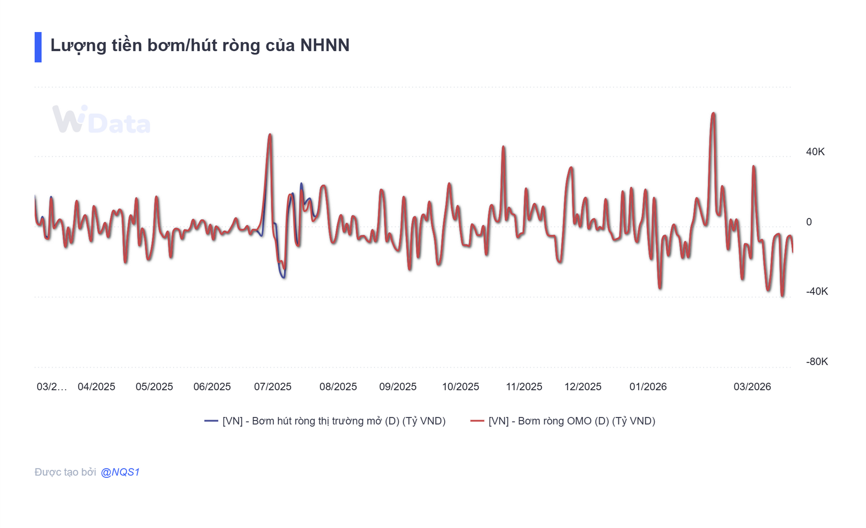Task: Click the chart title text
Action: coord(200,46)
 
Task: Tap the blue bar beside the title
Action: coord(38,47)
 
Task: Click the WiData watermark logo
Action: coord(101,120)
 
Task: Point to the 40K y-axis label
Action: coord(815,152)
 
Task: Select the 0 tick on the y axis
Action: coord(809,222)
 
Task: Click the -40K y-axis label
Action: coord(816,291)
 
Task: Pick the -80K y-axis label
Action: coord(816,361)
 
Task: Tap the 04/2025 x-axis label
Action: coord(96,387)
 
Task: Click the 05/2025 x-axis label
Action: coord(154,387)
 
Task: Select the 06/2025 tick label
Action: coord(212,387)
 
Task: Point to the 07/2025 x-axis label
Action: coord(272,387)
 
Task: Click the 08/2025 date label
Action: coord(338,387)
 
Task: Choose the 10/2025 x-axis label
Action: coord(460,387)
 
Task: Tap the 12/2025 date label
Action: coord(583,387)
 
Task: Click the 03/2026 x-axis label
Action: coord(752,387)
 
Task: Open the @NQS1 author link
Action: coord(120,472)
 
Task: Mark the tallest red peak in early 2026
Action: coord(713,113)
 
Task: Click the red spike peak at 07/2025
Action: coord(270,135)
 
